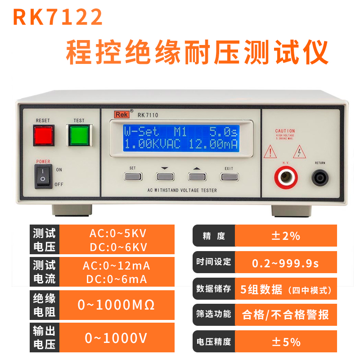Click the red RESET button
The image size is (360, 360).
point(44,135)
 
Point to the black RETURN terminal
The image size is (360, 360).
point(320,177)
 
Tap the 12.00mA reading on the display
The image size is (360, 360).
point(213,145)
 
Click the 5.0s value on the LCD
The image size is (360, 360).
point(223,132)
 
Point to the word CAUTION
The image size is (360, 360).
point(285,131)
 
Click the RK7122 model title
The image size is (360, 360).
point(58,18)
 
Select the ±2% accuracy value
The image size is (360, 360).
point(286,236)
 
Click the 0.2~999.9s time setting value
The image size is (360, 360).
point(286,262)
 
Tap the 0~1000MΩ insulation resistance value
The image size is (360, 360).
point(117,305)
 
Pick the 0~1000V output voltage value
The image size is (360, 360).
point(117,337)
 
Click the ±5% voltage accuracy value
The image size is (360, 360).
point(286,342)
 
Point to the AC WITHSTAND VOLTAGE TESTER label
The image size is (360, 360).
point(182,190)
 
